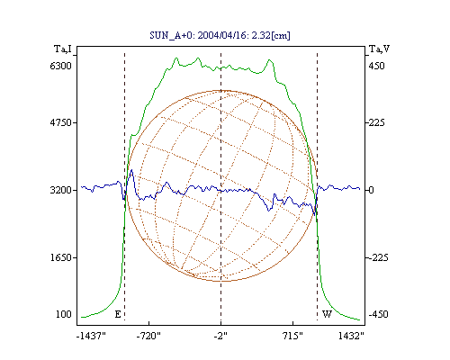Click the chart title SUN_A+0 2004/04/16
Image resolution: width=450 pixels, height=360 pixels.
tap(220, 35)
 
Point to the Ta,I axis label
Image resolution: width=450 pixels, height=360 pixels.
tap(63, 49)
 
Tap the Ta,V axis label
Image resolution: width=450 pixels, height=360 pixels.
tap(379, 49)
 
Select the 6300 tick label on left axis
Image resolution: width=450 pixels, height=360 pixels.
tap(60, 66)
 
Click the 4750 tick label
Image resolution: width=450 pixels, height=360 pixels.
tap(60, 122)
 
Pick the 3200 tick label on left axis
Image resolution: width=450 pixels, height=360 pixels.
tap(60, 190)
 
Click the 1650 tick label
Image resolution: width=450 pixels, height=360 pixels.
tap(60, 257)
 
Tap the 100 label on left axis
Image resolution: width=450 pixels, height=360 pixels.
tap(64, 314)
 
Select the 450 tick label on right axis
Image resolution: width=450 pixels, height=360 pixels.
tap(376, 66)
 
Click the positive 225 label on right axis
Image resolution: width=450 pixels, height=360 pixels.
tap(376, 122)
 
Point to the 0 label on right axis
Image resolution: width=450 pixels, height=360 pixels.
tap(371, 190)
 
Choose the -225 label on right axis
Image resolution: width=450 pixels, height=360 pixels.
tap(378, 257)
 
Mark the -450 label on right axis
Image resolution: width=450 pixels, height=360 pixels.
tap(378, 314)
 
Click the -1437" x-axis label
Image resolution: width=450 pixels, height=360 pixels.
tap(91, 336)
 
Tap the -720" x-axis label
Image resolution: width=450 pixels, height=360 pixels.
tap(148, 336)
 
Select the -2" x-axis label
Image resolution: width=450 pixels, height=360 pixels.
tap(220, 336)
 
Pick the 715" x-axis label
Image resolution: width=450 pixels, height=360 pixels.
tap(292, 336)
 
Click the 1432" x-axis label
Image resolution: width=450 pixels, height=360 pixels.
tap(351, 336)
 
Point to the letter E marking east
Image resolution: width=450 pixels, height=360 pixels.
tap(118, 314)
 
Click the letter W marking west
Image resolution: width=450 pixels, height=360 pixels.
tap(327, 314)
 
